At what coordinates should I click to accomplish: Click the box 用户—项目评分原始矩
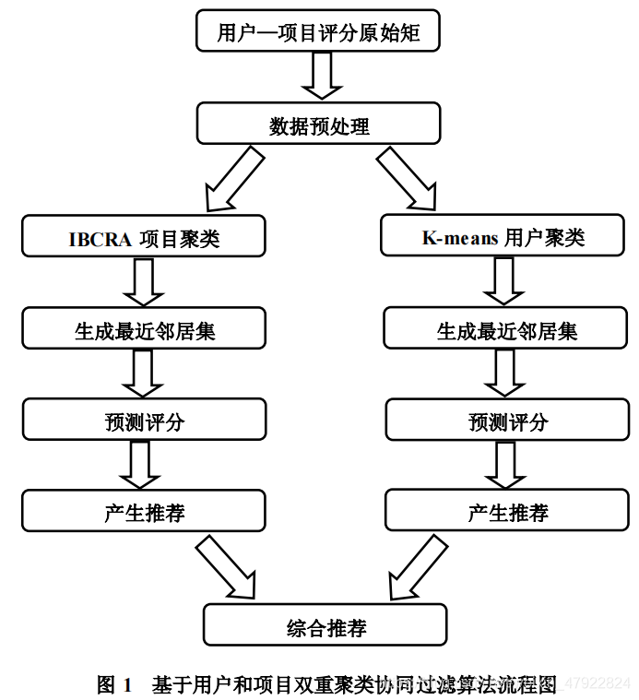(318, 33)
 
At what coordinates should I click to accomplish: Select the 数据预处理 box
(318, 124)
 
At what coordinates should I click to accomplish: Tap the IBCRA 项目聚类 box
(144, 236)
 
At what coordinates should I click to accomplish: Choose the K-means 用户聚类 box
(503, 236)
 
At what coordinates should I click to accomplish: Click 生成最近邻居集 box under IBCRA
(144, 328)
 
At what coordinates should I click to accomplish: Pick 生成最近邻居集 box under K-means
(506, 328)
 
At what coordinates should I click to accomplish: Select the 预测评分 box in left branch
(144, 420)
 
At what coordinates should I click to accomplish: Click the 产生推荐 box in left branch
(144, 511)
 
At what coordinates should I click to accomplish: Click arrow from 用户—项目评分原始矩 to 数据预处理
(322, 77)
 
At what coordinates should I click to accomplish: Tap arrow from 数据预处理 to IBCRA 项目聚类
(232, 179)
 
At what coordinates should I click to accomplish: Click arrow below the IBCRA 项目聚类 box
(143, 281)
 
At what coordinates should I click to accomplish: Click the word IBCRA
(99, 238)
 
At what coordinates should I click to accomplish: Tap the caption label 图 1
(114, 684)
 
